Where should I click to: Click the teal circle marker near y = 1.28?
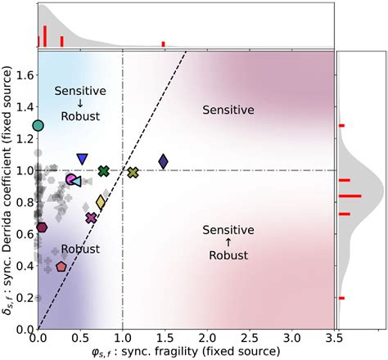point(38,125)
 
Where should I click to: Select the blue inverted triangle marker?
point(82,159)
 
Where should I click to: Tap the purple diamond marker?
point(163,161)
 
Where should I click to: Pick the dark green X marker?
point(103,171)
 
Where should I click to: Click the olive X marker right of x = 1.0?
point(133,172)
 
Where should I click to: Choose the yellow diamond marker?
point(101,202)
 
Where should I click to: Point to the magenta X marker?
point(92,218)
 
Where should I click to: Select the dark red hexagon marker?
point(42,227)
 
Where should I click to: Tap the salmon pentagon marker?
point(61,266)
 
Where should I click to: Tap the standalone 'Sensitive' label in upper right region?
point(229,109)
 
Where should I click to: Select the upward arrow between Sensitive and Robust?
point(228,242)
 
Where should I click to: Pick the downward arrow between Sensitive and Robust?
point(80,104)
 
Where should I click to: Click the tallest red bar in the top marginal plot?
point(44,36)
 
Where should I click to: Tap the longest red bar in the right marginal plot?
point(350,196)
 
